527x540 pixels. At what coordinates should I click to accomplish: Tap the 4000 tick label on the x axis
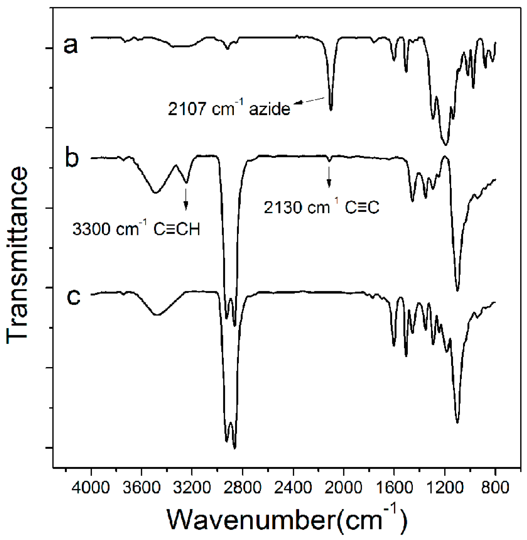point(91,488)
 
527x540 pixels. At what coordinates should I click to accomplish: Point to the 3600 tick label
point(141,488)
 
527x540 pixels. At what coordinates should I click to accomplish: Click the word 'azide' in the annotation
point(270,109)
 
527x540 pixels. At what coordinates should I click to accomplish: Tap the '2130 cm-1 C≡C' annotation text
point(321,207)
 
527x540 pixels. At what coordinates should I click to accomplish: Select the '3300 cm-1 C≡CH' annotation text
point(136,229)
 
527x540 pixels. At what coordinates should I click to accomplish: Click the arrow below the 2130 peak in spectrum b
point(329,177)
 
